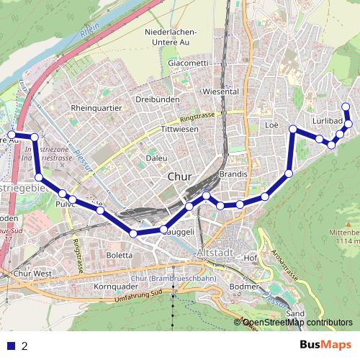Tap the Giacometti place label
(188, 63)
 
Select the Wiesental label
(221, 92)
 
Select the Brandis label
(234, 174)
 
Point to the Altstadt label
(214, 253)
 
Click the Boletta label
(120, 255)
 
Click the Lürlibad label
(328, 120)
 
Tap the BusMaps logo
(321, 345)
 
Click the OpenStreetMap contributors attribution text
(297, 323)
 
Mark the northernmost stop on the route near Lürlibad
(346, 107)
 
